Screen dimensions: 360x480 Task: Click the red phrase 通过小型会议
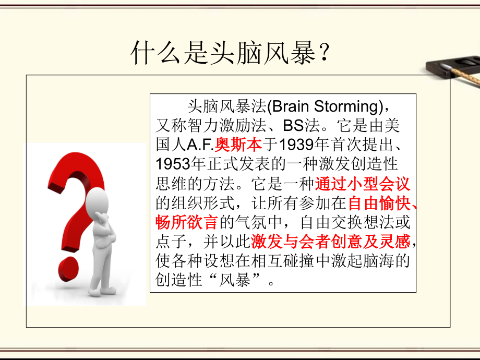363,184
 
